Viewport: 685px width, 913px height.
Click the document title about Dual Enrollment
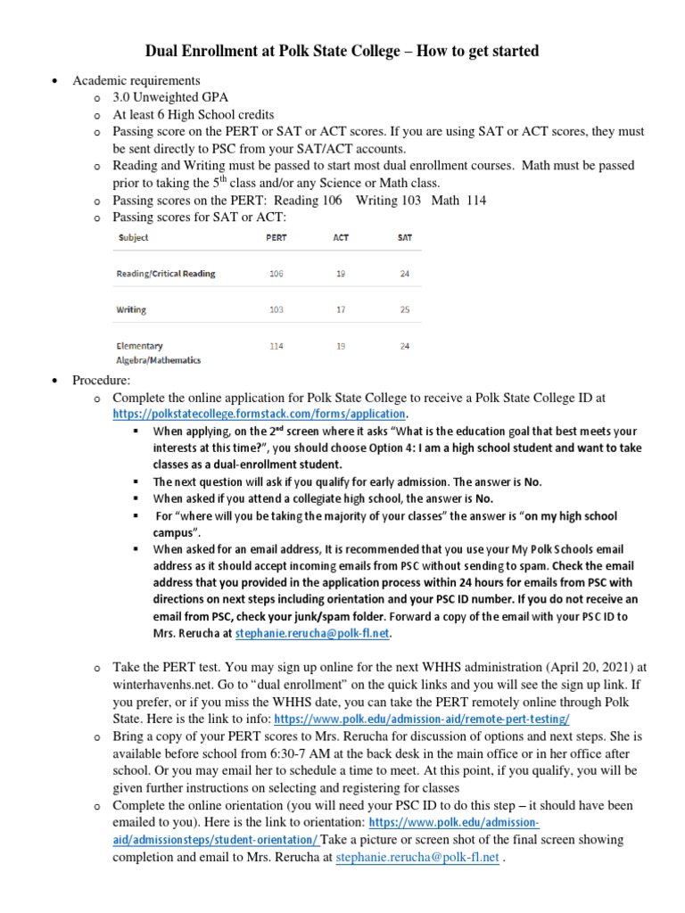coord(342,51)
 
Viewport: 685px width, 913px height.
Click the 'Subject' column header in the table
coord(132,238)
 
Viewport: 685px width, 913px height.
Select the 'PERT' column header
coord(276,238)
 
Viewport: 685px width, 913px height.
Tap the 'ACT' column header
coord(341,238)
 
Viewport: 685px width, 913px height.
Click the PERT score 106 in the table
coord(276,274)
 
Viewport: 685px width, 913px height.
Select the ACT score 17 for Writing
coord(341,309)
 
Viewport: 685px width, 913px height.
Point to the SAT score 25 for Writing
coord(404,309)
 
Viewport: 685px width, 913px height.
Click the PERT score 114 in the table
coord(276,345)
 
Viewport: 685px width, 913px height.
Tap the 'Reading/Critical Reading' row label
coord(166,274)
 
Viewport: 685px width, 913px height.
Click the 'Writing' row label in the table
coord(131,309)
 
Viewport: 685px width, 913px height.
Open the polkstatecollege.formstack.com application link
coord(260,415)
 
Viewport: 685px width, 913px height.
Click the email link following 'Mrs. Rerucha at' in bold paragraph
coord(312,634)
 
